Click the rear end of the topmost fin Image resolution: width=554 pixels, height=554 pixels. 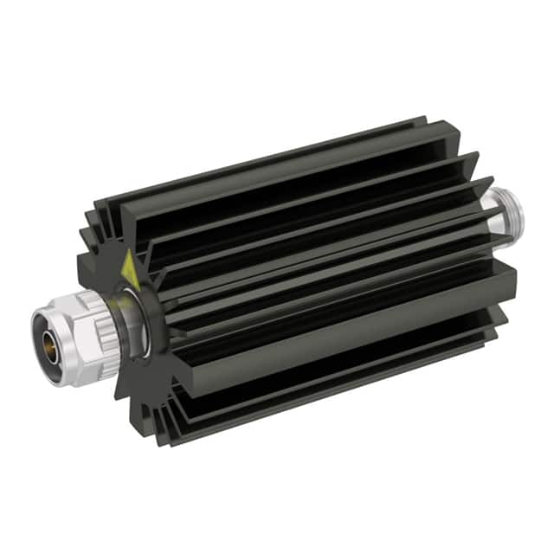point(424,121)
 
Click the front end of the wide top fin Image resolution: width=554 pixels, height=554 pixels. point(113,216)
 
